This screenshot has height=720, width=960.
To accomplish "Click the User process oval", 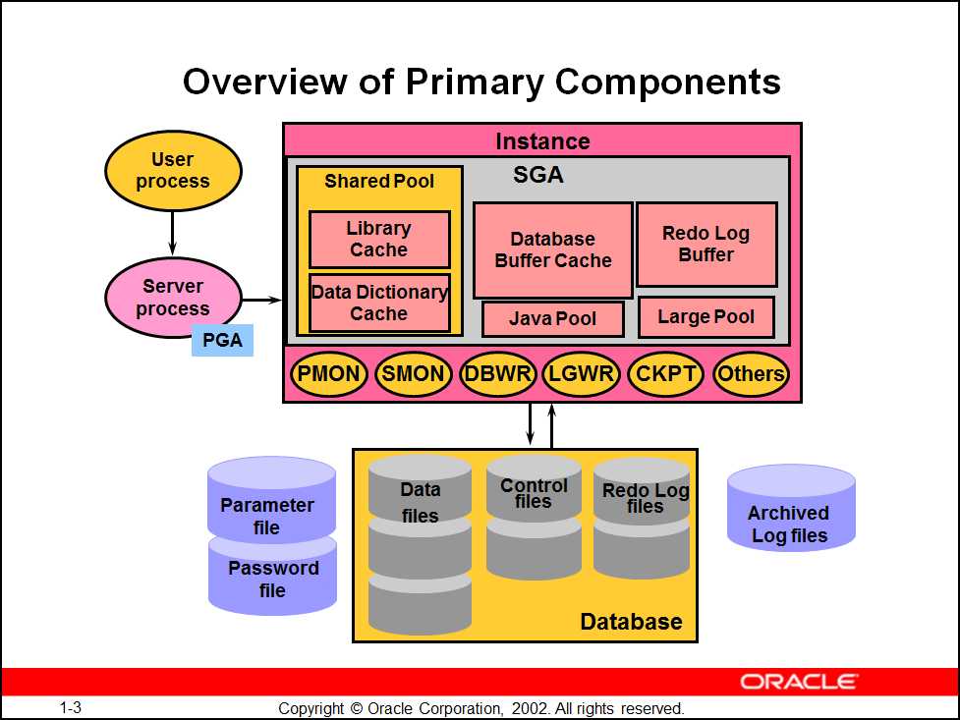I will pyautogui.click(x=173, y=171).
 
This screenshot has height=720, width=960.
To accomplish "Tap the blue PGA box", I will pyautogui.click(x=222, y=340).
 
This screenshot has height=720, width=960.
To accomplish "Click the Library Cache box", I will pyautogui.click(x=378, y=239).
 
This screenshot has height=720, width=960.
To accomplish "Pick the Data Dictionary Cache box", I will pyautogui.click(x=378, y=303).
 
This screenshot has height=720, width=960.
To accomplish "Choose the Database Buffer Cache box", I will pyautogui.click(x=552, y=249).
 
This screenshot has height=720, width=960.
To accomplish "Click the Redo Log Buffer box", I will pyautogui.click(x=706, y=244).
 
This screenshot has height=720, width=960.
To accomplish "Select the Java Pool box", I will pyautogui.click(x=552, y=319).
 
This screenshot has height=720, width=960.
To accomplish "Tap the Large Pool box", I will pyautogui.click(x=706, y=316).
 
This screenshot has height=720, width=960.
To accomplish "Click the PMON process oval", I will pyautogui.click(x=329, y=373).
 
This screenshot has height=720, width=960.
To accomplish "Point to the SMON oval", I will pyautogui.click(x=414, y=373).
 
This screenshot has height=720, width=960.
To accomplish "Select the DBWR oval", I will pyautogui.click(x=498, y=373).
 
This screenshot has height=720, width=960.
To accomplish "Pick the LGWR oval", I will pyautogui.click(x=581, y=373).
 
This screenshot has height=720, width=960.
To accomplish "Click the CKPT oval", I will pyautogui.click(x=666, y=373).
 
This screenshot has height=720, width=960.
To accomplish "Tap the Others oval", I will pyautogui.click(x=751, y=373).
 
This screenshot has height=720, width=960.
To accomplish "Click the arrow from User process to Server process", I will pyautogui.click(x=173, y=234).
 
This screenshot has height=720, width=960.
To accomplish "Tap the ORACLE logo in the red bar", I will pyautogui.click(x=799, y=682).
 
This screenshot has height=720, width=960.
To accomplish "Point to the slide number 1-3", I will pyautogui.click(x=70, y=707).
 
